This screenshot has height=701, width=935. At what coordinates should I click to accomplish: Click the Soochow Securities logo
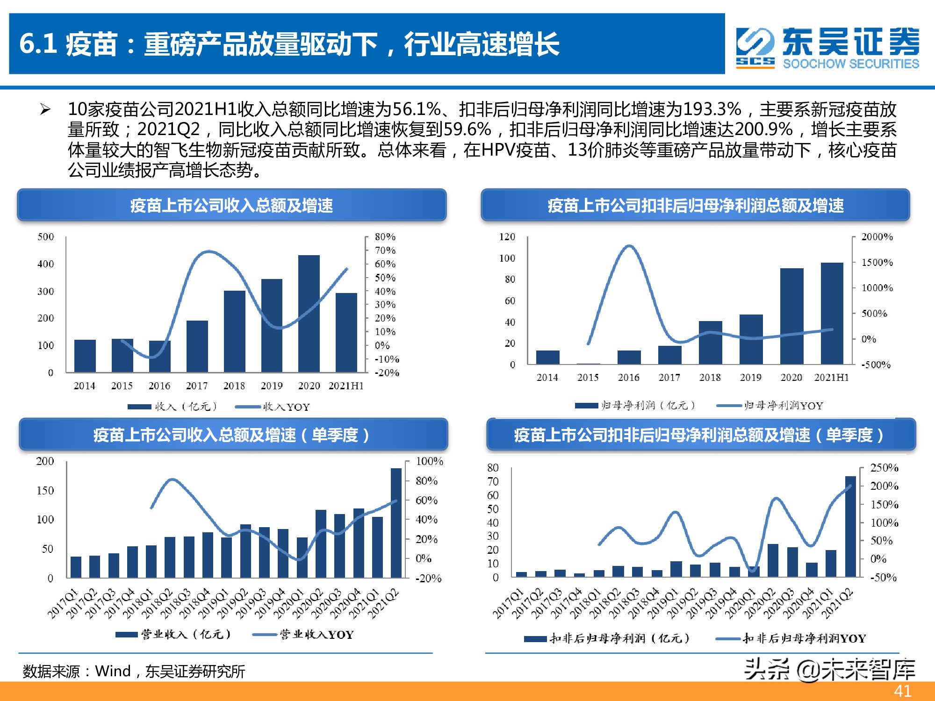827,48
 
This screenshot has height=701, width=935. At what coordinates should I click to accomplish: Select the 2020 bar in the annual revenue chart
309,313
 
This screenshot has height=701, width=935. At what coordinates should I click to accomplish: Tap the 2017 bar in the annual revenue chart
197,346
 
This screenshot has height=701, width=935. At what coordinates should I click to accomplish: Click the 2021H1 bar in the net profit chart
832,313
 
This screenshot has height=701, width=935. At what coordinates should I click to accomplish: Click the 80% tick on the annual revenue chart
385,237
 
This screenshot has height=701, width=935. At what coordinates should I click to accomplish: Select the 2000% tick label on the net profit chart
877,237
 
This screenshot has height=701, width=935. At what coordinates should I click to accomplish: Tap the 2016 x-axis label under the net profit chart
628,378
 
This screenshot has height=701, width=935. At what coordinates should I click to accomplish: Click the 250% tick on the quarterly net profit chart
884,468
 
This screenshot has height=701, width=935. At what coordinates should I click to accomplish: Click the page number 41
902,691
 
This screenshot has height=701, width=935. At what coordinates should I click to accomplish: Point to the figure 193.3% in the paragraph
712,109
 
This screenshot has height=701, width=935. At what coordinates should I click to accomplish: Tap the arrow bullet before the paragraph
45,110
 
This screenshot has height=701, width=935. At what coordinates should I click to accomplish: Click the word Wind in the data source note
113,672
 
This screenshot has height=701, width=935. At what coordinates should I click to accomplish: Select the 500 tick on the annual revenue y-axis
46,237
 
